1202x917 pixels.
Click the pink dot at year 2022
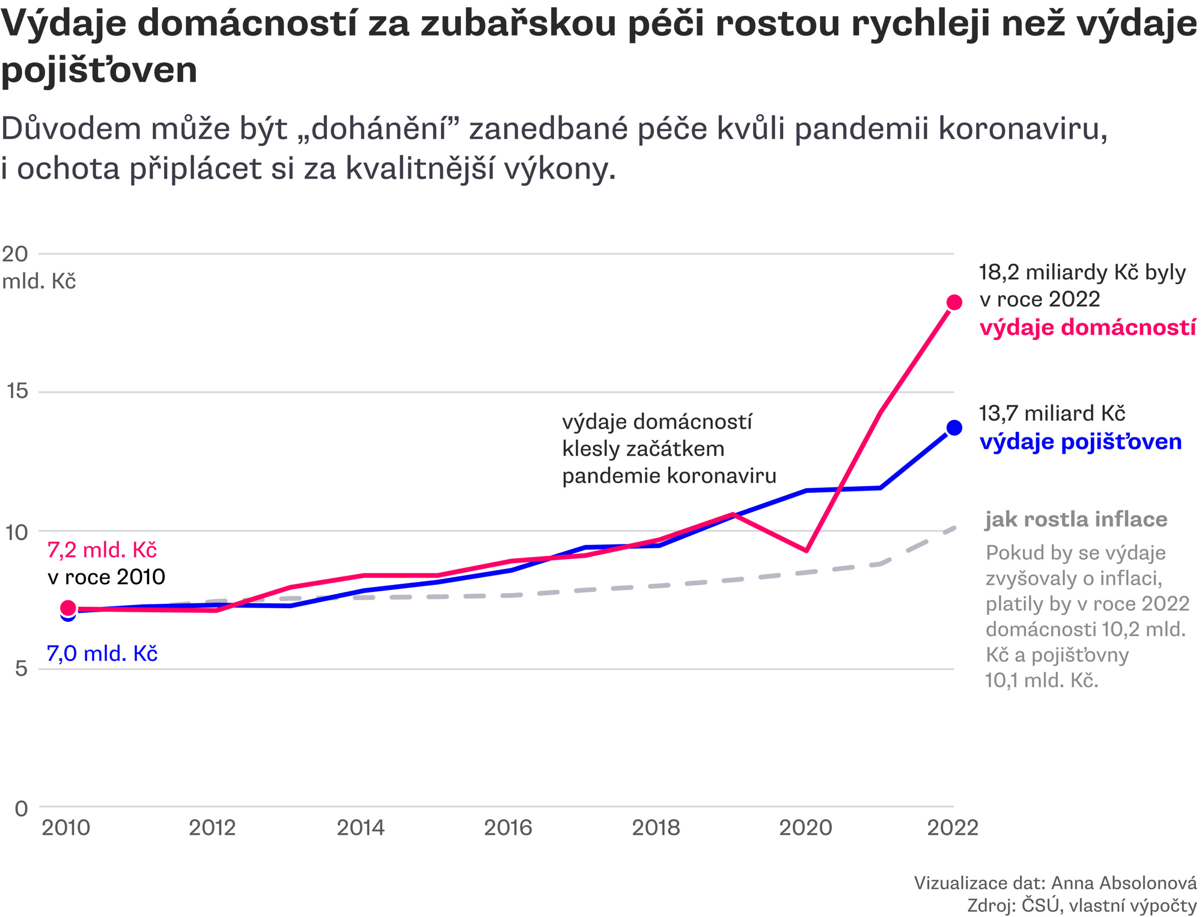tap(954, 302)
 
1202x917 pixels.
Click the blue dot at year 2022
tap(954, 428)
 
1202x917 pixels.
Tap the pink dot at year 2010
tap(69, 608)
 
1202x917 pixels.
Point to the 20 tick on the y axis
tap(15, 254)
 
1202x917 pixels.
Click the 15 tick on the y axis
tap(17, 392)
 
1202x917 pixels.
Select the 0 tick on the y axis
tap(21, 808)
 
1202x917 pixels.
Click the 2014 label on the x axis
tap(361, 828)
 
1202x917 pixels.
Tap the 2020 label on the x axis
tap(805, 828)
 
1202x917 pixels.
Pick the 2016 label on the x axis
tap(508, 828)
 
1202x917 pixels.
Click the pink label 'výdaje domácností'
tap(1087, 327)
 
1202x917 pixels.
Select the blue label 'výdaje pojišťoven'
tap(1081, 442)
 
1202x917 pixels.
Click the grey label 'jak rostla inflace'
tap(1076, 519)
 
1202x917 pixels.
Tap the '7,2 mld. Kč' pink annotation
tap(102, 550)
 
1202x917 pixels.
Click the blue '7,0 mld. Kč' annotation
tap(102, 654)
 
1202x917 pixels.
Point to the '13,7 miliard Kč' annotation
tap(1052, 413)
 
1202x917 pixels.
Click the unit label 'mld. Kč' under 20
tap(39, 281)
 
